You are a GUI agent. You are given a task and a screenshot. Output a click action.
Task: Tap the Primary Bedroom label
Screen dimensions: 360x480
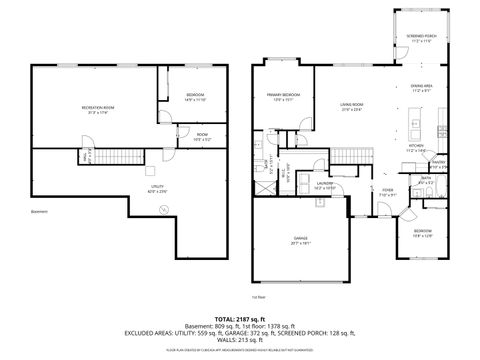click(284, 97)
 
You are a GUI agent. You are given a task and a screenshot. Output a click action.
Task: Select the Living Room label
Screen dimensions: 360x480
click(351, 106)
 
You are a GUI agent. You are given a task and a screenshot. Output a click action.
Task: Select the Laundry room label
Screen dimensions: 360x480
click(325, 185)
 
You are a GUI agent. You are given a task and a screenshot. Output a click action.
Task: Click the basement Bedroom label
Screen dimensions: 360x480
click(195, 97)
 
